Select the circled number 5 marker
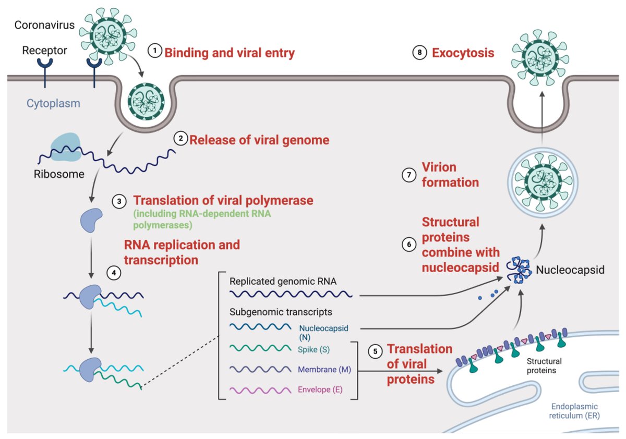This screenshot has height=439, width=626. (x=375, y=352)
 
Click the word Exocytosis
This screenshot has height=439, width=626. (x=463, y=53)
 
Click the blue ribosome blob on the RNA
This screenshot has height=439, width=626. (x=65, y=145)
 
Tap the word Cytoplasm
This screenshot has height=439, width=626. (x=54, y=103)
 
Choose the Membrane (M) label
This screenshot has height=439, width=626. (x=324, y=369)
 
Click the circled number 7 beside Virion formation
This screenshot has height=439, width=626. (x=408, y=175)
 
